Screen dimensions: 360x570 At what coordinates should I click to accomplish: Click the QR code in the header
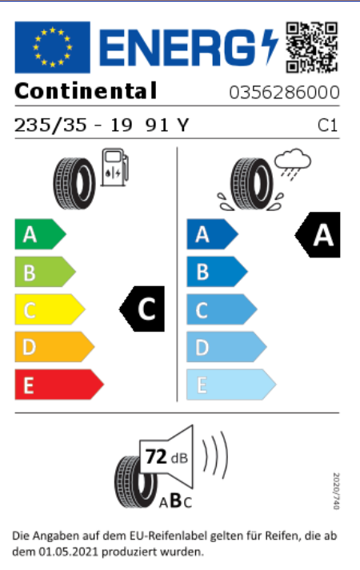[312, 47]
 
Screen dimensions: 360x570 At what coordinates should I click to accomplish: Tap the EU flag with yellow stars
[52, 47]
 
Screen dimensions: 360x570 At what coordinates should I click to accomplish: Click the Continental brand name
[86, 91]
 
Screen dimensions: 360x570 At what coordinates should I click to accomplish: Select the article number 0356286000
[284, 92]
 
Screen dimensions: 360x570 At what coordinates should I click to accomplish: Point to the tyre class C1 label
[328, 126]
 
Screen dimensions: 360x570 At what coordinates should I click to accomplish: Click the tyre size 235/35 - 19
[73, 126]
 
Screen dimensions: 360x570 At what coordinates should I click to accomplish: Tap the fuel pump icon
[114, 167]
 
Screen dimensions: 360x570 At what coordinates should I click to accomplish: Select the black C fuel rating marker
[142, 309]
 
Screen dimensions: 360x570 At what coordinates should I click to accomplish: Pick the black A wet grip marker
[318, 235]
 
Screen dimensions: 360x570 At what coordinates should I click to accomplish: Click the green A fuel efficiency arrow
[40, 234]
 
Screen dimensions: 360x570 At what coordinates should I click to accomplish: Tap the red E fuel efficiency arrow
[59, 385]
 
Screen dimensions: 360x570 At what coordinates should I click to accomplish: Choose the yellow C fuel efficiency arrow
[50, 309]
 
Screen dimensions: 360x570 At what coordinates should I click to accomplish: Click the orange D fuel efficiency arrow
[54, 347]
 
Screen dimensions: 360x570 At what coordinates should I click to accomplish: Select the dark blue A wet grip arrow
[212, 234]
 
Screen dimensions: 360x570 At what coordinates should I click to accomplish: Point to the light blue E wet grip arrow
[231, 385]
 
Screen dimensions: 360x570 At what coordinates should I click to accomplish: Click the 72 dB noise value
[166, 457]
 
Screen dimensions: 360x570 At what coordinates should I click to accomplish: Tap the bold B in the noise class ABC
[176, 500]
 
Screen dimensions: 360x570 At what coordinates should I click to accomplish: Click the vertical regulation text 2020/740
[336, 491]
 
